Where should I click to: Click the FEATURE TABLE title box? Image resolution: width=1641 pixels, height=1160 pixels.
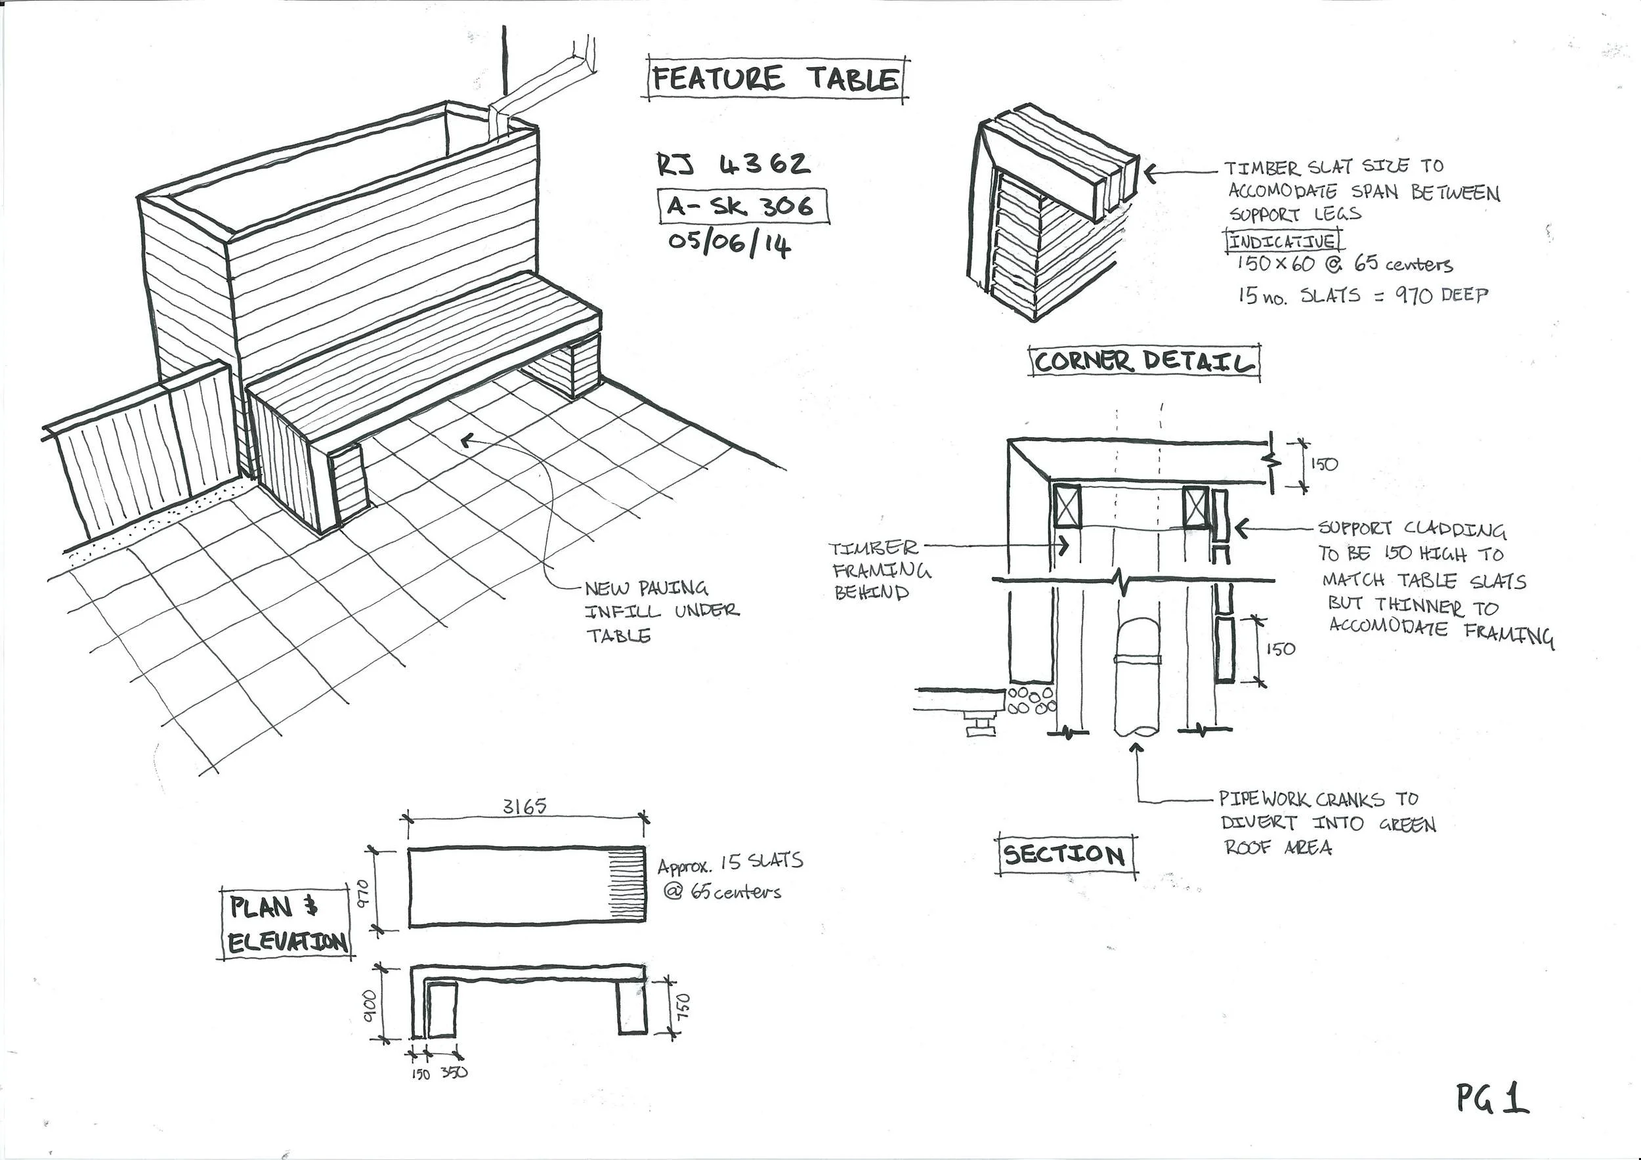point(776,79)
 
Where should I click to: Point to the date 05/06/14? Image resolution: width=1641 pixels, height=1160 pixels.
point(729,244)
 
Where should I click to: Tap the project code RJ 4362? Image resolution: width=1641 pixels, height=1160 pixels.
point(734,165)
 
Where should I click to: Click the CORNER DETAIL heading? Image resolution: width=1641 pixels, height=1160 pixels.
point(1143,362)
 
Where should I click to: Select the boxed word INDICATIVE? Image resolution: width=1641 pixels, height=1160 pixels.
point(1282,241)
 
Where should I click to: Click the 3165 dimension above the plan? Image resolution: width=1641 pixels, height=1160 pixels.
point(524,806)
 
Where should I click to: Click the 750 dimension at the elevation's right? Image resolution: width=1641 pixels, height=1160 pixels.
point(684,1006)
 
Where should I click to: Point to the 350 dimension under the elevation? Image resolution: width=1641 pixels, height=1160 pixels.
point(455,1073)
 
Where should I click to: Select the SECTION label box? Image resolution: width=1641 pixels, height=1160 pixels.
point(1065,855)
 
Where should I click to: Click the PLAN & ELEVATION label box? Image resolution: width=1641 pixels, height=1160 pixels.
point(286,924)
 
